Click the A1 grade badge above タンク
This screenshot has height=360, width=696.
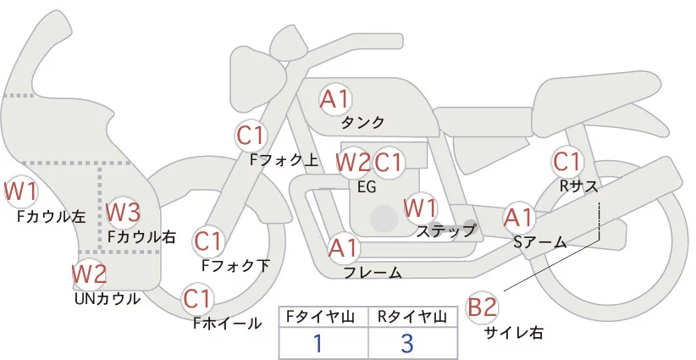coord(334,99)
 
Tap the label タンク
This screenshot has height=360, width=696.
coord(362,122)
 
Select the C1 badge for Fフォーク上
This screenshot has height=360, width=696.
coord(251,135)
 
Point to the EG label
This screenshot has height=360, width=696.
coord(367,186)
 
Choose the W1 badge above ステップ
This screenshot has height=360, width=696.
coord(420,208)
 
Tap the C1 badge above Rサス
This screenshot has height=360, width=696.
coord(566,161)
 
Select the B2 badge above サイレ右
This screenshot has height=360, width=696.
coord(483,307)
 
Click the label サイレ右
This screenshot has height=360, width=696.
coord(513,333)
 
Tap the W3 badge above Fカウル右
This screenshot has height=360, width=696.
coord(123,211)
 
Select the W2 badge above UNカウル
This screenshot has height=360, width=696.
coord(89,274)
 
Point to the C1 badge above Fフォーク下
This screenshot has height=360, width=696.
coord(208,241)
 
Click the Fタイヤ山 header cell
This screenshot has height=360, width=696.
coord(323,317)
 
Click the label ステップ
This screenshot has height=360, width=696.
coord(446,230)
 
